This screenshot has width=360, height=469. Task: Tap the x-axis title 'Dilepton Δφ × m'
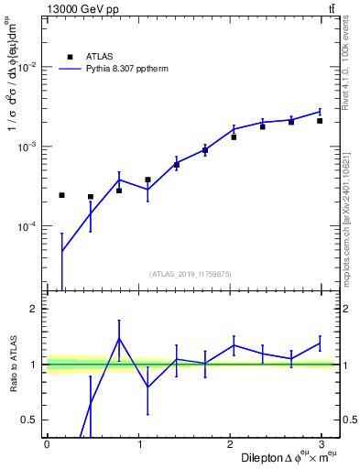coord(289,456)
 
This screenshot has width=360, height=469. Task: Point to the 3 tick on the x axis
coord(324,443)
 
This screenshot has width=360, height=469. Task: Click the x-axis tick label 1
coord(139,443)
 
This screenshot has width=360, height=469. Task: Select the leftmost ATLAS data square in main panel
coord(61,195)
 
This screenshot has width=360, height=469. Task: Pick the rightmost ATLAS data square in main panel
coord(320,120)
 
